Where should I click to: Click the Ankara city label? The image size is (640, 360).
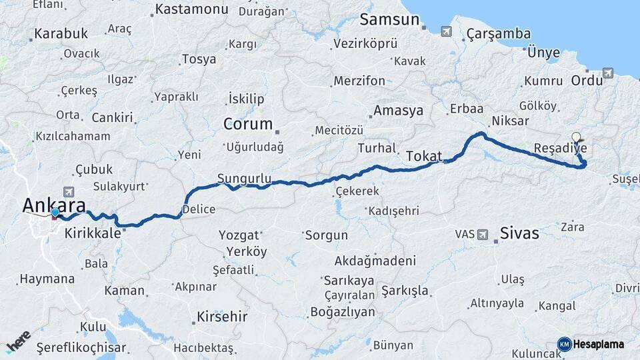click(54, 205)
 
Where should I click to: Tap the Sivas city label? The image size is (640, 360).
click(519, 234)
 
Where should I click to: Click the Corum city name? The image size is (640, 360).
click(248, 124)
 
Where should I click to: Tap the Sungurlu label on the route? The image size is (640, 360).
click(245, 178)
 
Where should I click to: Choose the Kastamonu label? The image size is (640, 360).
click(191, 10)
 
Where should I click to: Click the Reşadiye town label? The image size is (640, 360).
click(561, 147)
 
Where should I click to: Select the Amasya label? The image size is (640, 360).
click(399, 111)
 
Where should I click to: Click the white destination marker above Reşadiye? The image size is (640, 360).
click(576, 137)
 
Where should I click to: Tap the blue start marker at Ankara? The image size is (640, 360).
click(55, 213)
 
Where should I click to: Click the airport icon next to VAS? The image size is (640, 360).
click(483, 234)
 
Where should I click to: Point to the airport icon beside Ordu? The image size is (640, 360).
click(607, 73)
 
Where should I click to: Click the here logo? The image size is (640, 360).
click(18, 342)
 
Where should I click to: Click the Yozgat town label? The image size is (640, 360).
click(237, 235)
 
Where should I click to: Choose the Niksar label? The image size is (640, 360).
click(510, 121)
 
